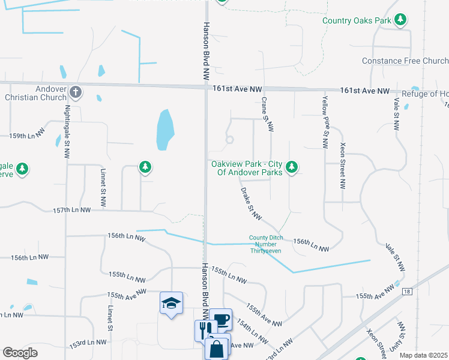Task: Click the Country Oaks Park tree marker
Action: pyautogui.click(x=400, y=20)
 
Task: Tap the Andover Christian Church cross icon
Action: pyautogui.click(x=75, y=92)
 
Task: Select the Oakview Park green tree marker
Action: pyautogui.click(x=292, y=167)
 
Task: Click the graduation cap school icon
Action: pyautogui.click(x=171, y=303)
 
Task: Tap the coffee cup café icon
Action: pyautogui.click(x=221, y=319)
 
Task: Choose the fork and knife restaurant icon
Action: pyautogui.click(x=205, y=329)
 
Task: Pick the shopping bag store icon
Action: pyautogui.click(x=216, y=347)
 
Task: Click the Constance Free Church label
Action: pyautogui.click(x=405, y=61)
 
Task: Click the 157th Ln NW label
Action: pyautogui.click(x=71, y=211)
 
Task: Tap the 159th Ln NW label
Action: pyautogui.click(x=28, y=136)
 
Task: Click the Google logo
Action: pyautogui.click(x=20, y=352)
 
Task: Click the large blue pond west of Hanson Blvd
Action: pyautogui.click(x=165, y=130)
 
